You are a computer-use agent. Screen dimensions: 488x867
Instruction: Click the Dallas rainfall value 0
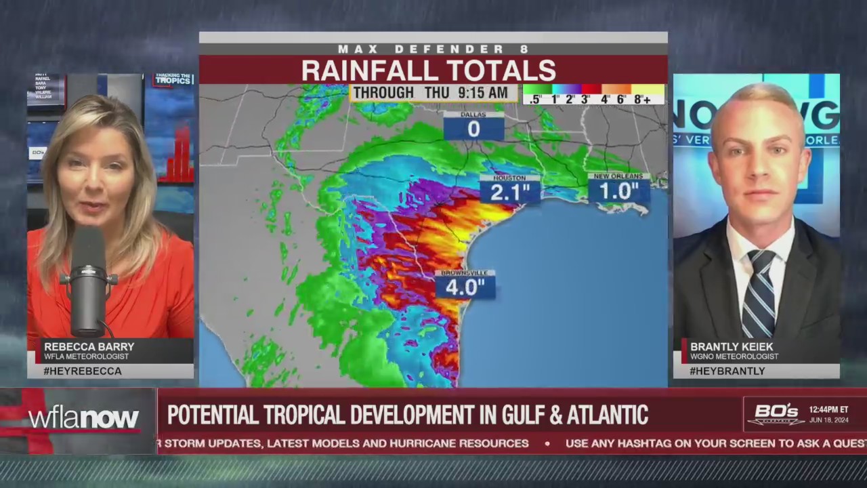pyautogui.click(x=473, y=129)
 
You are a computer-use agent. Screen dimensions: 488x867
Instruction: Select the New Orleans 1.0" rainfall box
pyautogui.click(x=618, y=191)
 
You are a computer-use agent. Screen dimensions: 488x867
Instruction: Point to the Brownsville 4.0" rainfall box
pyautogui.click(x=465, y=287)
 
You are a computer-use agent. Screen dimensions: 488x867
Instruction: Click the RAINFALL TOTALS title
pyautogui.click(x=428, y=70)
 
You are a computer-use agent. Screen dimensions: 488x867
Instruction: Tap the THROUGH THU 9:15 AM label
pyautogui.click(x=430, y=93)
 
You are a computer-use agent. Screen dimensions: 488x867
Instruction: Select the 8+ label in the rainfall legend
pyautogui.click(x=642, y=99)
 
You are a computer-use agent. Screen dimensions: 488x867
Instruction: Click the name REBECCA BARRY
pyautogui.click(x=89, y=346)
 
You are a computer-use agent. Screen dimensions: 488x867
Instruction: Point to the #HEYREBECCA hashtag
pyautogui.click(x=83, y=371)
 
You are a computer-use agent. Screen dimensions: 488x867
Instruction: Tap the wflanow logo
pyautogui.click(x=83, y=418)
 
